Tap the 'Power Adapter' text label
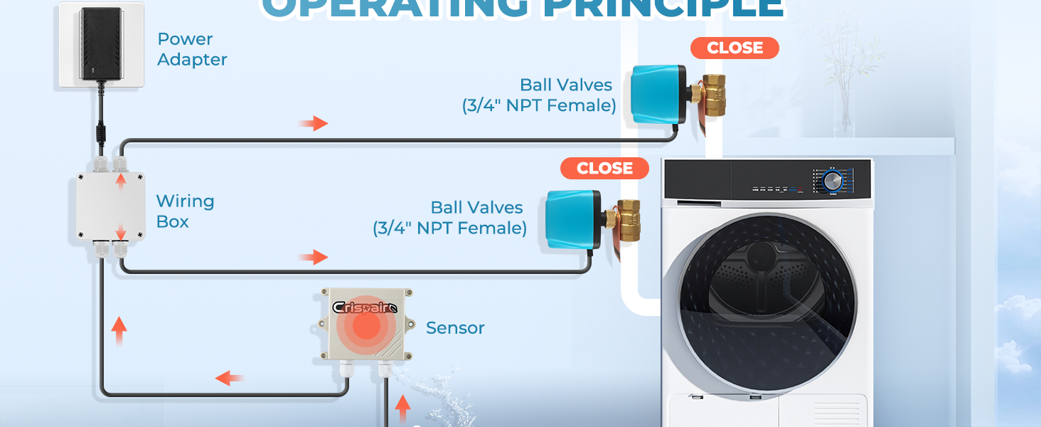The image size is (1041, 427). point(192,49)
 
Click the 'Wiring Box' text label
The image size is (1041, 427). point(184,211)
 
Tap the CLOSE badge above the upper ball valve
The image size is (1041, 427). point(735,48)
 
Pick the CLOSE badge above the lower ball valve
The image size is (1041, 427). point(604,168)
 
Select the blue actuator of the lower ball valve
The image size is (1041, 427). point(572,218)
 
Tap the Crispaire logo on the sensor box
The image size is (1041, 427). point(368,307)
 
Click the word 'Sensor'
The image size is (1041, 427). point(455,328)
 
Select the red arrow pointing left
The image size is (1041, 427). point(230,378)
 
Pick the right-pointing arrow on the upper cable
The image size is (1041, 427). point(313,124)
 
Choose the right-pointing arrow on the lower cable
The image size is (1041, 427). point(313,257)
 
